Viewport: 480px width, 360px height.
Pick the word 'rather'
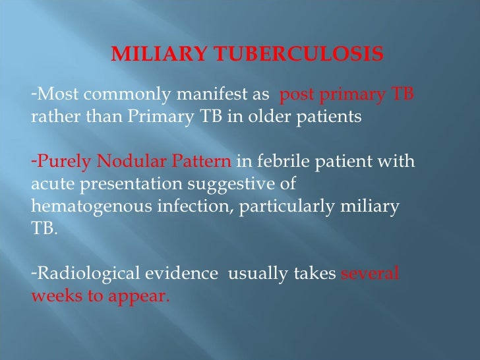[51, 117]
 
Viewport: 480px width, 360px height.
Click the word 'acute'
[51, 185]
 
